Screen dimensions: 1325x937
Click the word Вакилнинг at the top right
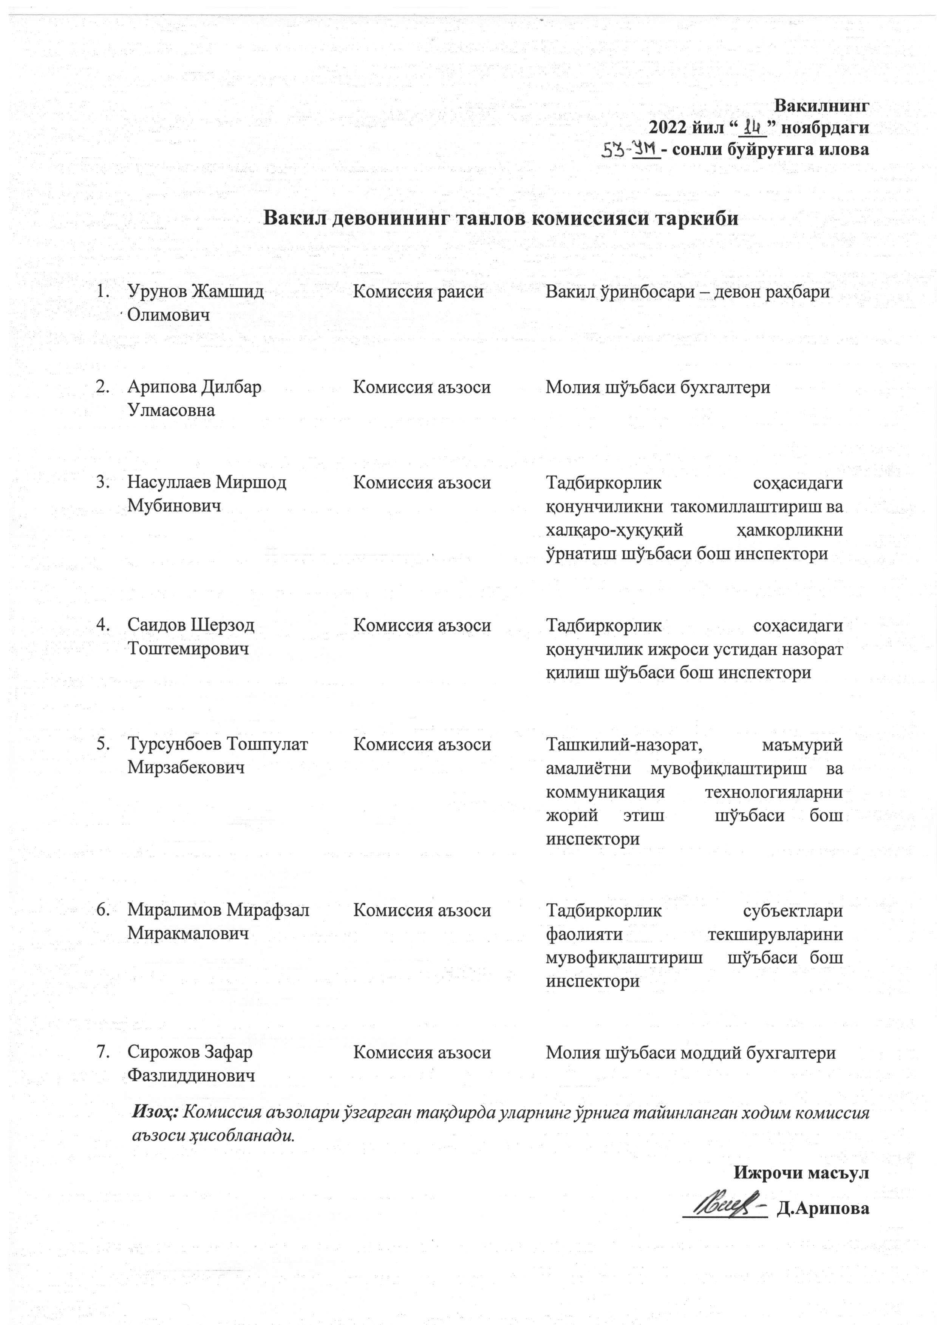coord(821,106)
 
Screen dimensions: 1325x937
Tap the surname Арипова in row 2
coord(162,387)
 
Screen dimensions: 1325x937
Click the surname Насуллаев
coord(169,482)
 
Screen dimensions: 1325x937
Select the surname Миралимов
coord(174,910)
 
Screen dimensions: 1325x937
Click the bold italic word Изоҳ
coord(155,1110)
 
